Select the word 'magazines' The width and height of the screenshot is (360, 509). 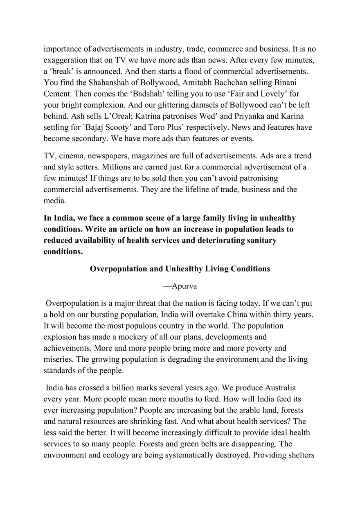[155, 156]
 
